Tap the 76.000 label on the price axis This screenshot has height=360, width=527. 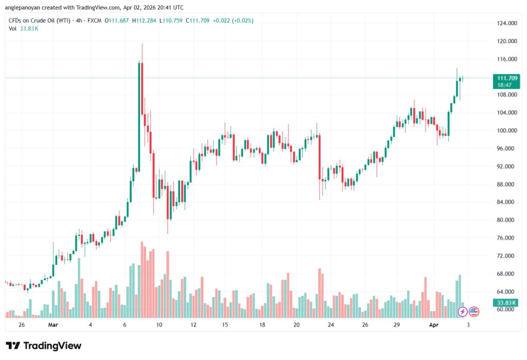506,238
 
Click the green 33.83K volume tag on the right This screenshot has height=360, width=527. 504,303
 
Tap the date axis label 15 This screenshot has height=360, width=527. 225,325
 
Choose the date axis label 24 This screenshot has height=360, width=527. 330,325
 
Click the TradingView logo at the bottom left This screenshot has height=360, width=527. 43,346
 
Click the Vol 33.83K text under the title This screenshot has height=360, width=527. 24,28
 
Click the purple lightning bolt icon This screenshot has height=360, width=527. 463,312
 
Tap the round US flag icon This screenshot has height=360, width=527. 474,312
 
